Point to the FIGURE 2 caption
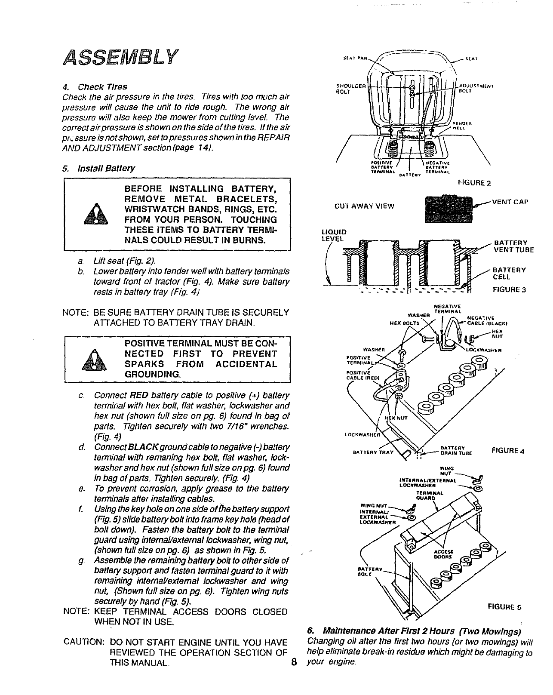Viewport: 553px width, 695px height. (474, 183)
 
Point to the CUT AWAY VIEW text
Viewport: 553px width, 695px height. (364, 206)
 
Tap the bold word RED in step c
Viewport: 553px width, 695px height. (139, 395)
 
